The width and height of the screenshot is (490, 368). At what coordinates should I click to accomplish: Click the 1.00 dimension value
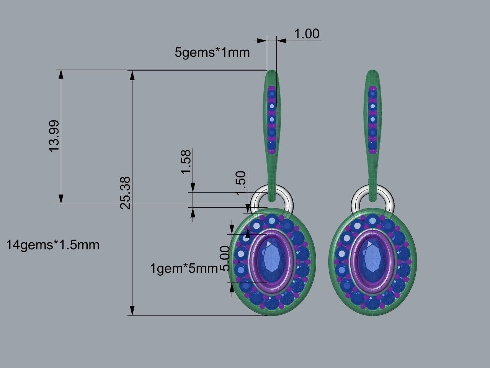(x=307, y=34)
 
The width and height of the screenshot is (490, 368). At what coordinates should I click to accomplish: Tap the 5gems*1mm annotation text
(x=212, y=52)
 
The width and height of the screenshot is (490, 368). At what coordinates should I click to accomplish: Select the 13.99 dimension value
(x=54, y=136)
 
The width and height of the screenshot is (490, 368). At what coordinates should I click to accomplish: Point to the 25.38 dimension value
(x=126, y=192)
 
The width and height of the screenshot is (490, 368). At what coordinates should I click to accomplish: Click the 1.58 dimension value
(x=186, y=162)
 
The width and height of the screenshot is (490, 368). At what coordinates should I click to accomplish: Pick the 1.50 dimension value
(x=240, y=183)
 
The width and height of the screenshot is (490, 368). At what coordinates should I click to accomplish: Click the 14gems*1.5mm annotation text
(x=53, y=245)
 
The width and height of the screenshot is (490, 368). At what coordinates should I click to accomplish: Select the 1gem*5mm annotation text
(x=184, y=268)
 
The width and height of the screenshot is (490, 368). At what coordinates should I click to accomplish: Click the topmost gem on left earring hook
(x=272, y=93)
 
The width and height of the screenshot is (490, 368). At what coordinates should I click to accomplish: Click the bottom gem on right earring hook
(x=372, y=145)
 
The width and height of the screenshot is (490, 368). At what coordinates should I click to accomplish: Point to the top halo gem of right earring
(x=372, y=220)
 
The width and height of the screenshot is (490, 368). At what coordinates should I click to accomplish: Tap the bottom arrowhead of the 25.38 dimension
(x=132, y=310)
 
